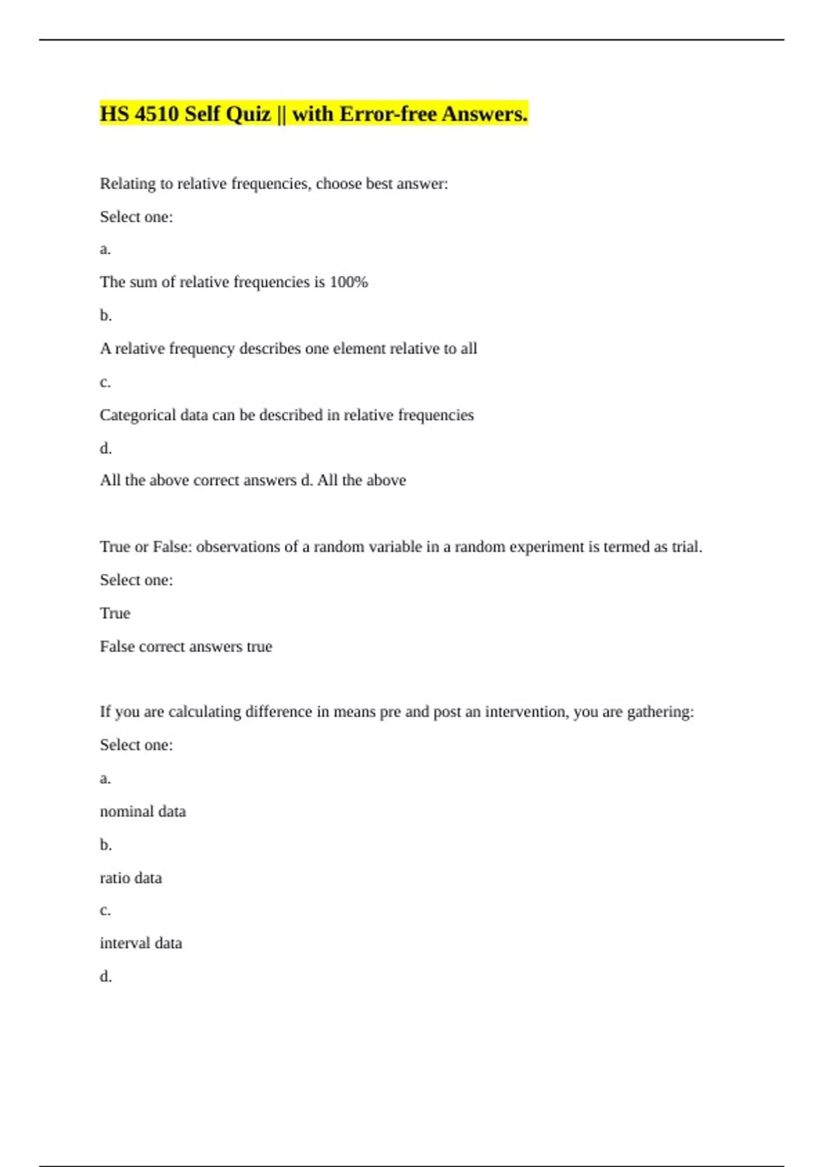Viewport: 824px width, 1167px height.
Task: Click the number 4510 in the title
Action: [157, 114]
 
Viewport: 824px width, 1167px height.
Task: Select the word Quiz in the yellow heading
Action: [247, 114]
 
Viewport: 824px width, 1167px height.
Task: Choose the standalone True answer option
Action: [115, 613]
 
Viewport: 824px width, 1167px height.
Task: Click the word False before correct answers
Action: [117, 647]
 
